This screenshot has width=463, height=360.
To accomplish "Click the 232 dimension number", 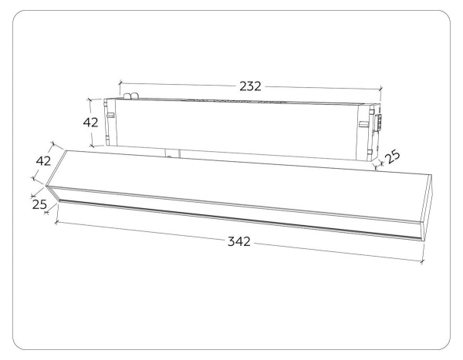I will click(x=250, y=86).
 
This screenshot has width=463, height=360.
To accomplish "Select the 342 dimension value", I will click(x=239, y=242).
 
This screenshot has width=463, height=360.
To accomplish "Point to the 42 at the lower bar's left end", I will click(x=43, y=161).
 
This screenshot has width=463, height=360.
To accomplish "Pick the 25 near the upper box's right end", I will click(x=393, y=156).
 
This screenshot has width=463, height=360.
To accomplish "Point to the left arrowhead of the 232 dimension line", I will click(x=120, y=81).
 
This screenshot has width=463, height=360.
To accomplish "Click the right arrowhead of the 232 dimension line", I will click(x=380, y=90).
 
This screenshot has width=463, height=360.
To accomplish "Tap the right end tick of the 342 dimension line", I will click(x=424, y=263).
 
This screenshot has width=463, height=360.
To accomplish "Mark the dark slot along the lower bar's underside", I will click(x=231, y=220).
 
